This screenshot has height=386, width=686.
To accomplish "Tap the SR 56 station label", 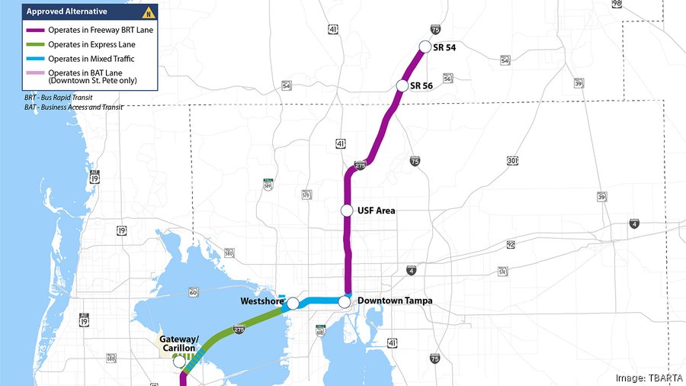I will (422, 85).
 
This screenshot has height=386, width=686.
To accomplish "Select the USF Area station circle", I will (347, 211).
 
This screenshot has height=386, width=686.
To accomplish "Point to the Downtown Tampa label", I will (395, 301).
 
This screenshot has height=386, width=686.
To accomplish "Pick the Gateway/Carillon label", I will (178, 344).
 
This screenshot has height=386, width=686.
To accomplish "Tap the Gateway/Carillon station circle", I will (180, 362).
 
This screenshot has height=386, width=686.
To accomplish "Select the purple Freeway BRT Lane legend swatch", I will (37, 29).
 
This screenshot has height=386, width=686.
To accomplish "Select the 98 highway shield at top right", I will (617, 5).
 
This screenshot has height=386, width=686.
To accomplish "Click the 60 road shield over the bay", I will (194, 292).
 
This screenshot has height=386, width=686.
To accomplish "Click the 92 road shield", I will (511, 245).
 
